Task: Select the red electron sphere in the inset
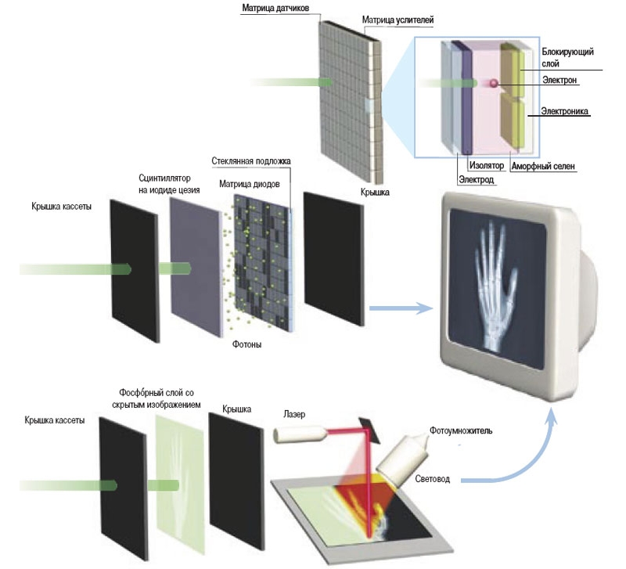(494, 83)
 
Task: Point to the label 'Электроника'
(564, 112)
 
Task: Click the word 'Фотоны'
(247, 344)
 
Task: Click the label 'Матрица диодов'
(252, 185)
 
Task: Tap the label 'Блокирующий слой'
(567, 57)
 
